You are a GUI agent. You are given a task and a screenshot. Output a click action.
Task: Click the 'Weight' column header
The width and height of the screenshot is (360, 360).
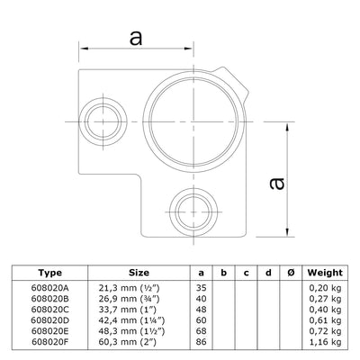[324, 270]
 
